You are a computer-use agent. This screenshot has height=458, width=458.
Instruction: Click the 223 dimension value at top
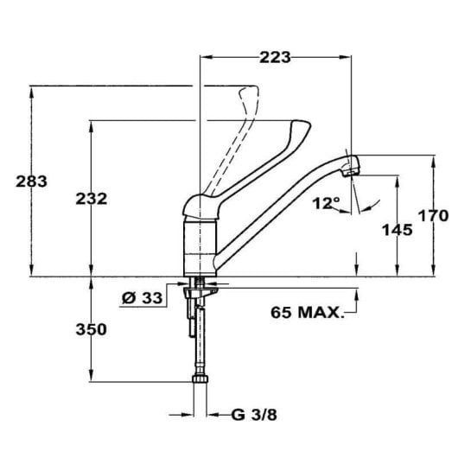276,57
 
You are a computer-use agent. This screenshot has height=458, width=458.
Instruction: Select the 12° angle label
327,204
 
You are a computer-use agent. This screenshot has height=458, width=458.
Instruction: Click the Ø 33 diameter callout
142,298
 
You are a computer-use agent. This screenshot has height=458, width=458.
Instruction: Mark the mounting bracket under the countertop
194,298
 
